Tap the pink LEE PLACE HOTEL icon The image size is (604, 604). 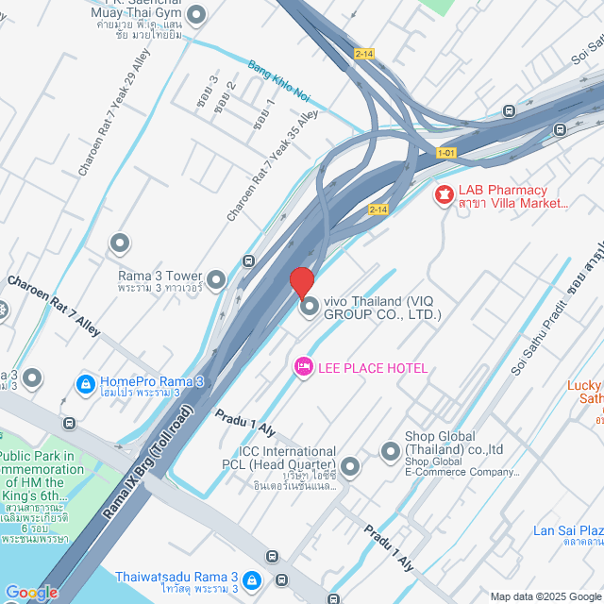(303, 366)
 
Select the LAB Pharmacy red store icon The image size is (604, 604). (442, 195)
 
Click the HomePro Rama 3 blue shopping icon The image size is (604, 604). (85, 385)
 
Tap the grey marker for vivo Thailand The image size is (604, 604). (309, 306)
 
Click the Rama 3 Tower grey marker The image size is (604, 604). (217, 279)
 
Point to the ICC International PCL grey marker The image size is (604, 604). (350, 466)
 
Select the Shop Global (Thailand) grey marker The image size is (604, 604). (390, 452)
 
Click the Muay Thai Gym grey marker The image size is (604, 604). (196, 14)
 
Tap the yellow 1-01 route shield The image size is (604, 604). (446, 152)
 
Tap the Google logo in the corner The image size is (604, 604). (31, 592)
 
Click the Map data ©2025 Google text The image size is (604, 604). (545, 596)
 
